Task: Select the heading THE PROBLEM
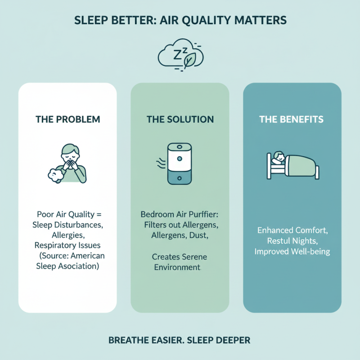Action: click(x=67, y=120)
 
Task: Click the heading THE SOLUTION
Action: click(x=180, y=120)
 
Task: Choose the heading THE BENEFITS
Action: click(x=292, y=120)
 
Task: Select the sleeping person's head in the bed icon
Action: click(x=278, y=157)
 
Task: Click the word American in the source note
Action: click(x=85, y=256)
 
